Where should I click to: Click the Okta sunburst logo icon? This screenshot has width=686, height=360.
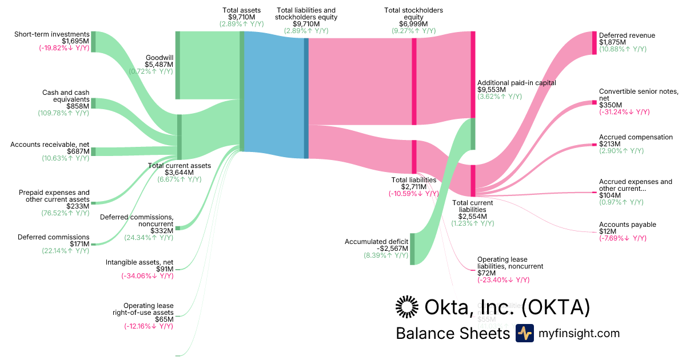pyautogui.click(x=407, y=307)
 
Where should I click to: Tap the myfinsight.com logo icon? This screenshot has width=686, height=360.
pyautogui.click(x=524, y=333)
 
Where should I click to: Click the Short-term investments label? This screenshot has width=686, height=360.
pyautogui.click(x=52, y=34)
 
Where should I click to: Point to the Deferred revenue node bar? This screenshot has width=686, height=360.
pyautogui.click(x=594, y=43)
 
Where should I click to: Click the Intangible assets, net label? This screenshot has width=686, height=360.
pyautogui.click(x=139, y=262)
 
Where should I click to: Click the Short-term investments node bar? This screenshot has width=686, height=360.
pyautogui.click(x=93, y=42)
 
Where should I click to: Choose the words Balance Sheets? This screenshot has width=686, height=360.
pyautogui.click(x=452, y=333)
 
